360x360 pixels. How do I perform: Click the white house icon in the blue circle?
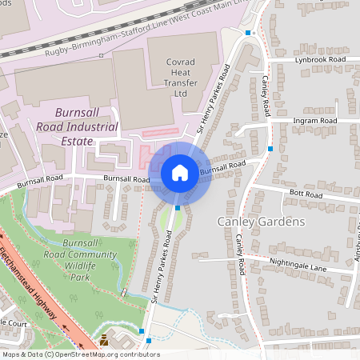tap(180, 172)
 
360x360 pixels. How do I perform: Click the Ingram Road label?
tap(315, 120)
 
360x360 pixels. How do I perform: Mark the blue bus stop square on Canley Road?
tap(271, 149)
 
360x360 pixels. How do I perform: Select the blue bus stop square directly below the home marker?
tap(177, 207)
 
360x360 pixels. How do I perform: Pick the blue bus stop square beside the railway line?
tap(249, 33)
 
